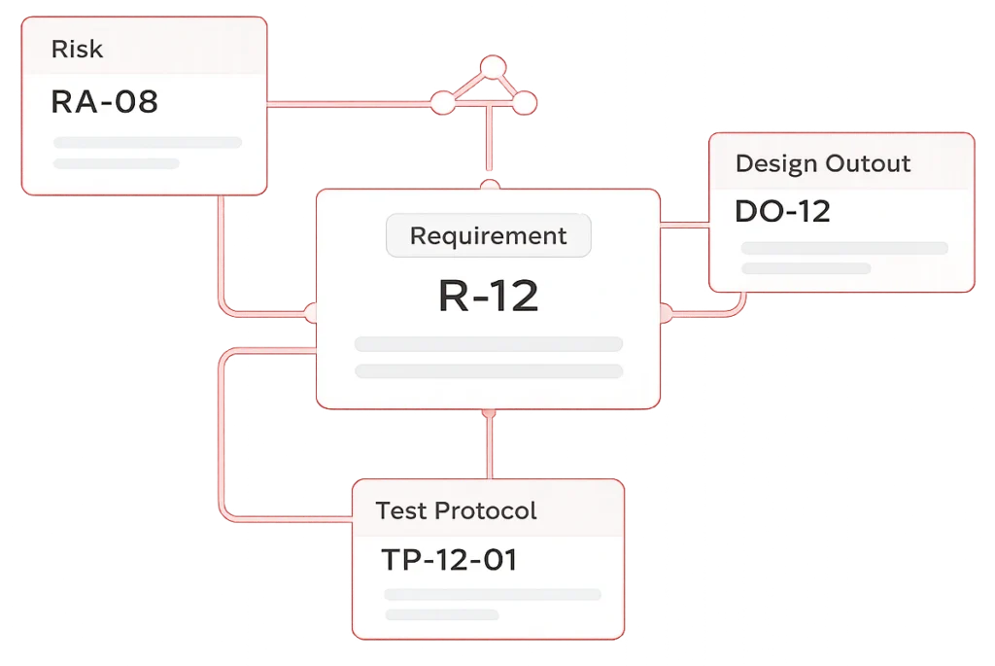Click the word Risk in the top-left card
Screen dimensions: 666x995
pos(77,50)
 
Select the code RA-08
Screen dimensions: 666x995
pos(104,101)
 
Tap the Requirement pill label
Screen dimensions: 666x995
pos(488,236)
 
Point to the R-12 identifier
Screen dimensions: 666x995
pos(488,296)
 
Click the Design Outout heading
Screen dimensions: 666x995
pos(823,163)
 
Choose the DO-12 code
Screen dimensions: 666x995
pos(782,211)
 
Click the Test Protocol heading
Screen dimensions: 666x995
pos(456,510)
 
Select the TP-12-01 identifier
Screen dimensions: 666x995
pos(448,560)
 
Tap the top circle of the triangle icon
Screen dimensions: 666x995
pos(494,67)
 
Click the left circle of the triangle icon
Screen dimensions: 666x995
pos(442,101)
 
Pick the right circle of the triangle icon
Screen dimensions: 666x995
pos(525,101)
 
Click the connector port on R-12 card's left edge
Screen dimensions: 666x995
pos(312,313)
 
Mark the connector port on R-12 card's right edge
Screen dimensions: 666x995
pos(666,313)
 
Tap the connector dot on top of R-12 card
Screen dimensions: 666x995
pos(491,185)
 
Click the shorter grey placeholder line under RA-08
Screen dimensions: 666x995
pos(117,163)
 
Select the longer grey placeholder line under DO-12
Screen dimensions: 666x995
pos(844,248)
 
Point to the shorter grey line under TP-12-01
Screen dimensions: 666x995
pos(441,614)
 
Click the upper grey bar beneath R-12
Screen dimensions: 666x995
pos(488,344)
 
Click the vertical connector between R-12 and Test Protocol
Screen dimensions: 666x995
pos(489,443)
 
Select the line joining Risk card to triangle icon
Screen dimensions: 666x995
pos(350,101)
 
